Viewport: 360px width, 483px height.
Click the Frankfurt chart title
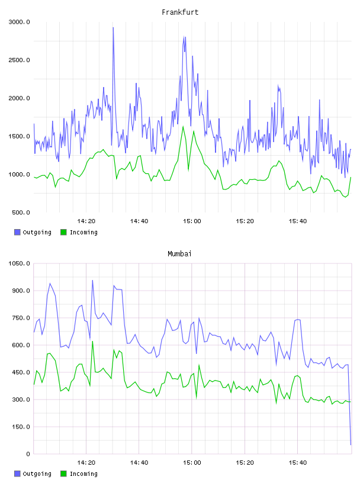tap(180, 12)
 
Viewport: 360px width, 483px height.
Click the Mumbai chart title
tap(179, 254)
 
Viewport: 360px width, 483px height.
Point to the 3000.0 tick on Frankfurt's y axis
tap(19, 22)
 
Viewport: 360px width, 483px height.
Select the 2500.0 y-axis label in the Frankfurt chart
tap(19, 60)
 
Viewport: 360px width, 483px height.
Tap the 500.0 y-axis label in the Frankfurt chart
tap(21, 212)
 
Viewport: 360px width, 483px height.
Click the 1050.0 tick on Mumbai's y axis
tap(19, 263)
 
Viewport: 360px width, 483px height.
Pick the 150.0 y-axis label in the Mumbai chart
tap(21, 427)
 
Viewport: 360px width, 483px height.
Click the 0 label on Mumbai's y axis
tap(28, 454)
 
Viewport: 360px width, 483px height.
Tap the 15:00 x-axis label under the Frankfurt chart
tap(192, 221)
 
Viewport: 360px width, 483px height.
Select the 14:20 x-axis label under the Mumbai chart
tap(86, 463)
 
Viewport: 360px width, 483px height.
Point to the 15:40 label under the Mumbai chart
tap(297, 463)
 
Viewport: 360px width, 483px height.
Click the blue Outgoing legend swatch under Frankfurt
tap(17, 232)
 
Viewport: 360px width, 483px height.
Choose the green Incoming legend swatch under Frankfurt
tap(63, 232)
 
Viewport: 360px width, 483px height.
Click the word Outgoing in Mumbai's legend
tap(37, 474)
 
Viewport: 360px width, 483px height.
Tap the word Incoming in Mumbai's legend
tap(83, 474)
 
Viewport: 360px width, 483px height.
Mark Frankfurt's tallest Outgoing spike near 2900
tap(113, 28)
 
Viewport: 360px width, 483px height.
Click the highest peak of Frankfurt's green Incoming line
tap(183, 126)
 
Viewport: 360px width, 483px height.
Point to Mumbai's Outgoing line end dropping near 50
tap(351, 445)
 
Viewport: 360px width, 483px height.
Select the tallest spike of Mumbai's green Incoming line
tap(92, 342)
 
